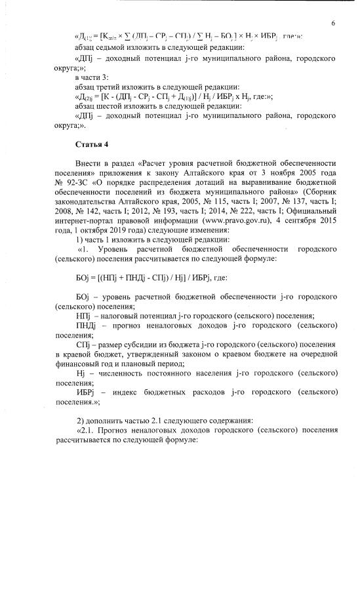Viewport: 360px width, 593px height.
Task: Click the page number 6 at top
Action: point(333,23)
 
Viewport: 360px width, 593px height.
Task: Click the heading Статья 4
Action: point(91,143)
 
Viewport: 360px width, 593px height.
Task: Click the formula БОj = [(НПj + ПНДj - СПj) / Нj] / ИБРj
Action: point(140,277)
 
